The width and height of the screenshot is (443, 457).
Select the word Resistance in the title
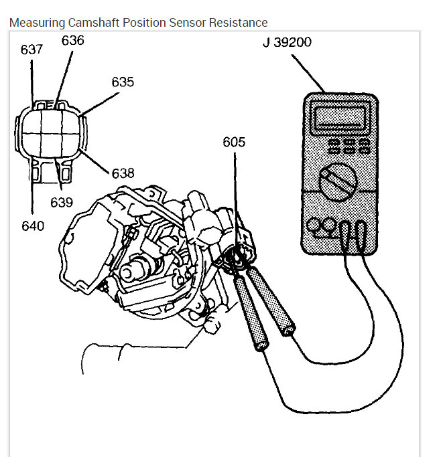click(x=237, y=23)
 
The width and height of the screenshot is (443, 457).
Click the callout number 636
click(x=73, y=41)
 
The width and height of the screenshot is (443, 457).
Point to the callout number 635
click(x=123, y=82)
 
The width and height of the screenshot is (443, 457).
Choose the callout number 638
click(x=123, y=173)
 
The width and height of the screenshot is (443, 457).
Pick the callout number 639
click(x=61, y=201)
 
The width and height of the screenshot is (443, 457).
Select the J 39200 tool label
click(x=287, y=43)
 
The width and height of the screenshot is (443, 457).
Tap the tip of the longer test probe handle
click(x=262, y=346)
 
